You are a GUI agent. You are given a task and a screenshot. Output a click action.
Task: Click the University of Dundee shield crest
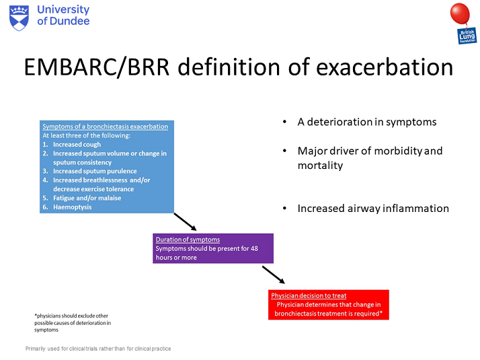click(x=19, y=17)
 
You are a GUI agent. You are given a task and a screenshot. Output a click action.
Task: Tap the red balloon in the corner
click(x=459, y=14)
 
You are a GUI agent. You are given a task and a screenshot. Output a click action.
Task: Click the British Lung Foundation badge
click(x=467, y=36)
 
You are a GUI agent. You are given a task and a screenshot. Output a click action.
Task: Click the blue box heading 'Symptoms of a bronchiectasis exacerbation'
click(x=106, y=127)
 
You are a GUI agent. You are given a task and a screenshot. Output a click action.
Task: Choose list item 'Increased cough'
click(x=77, y=145)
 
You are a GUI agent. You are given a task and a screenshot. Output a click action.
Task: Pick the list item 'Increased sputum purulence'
click(x=95, y=171)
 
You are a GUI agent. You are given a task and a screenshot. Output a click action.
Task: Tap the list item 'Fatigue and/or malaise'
click(x=87, y=198)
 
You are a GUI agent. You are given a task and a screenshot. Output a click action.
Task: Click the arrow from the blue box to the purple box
click(x=185, y=221)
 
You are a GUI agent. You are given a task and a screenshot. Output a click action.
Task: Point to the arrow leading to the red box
click(x=273, y=275)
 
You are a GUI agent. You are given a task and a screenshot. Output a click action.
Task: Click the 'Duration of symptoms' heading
click(x=188, y=240)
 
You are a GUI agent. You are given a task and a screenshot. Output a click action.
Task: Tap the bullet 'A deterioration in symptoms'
click(x=367, y=122)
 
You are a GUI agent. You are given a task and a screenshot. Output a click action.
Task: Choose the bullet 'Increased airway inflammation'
click(x=373, y=208)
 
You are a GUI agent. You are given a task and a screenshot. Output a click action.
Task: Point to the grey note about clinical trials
click(x=98, y=349)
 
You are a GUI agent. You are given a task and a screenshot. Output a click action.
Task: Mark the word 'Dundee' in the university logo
click(x=71, y=21)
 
